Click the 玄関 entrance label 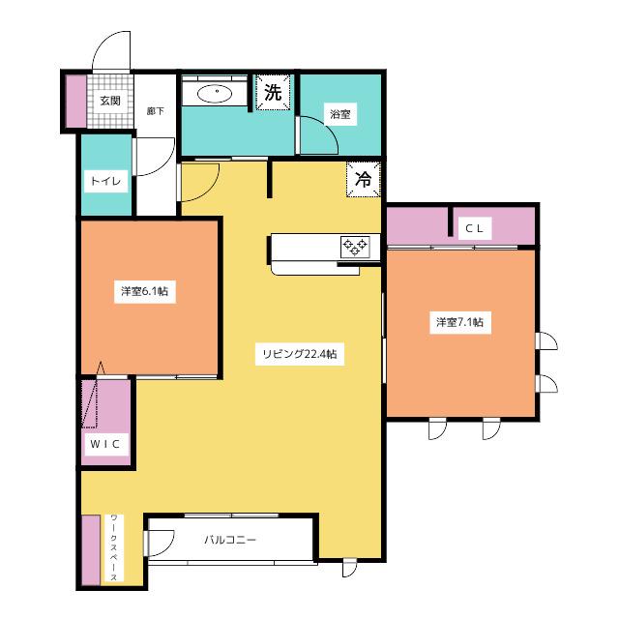click(x=110, y=101)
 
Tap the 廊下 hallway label click(x=155, y=111)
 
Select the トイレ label click(x=105, y=181)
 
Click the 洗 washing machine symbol click(x=273, y=92)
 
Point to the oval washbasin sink click(x=217, y=94)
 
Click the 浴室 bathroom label click(x=340, y=114)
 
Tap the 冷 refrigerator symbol click(x=364, y=179)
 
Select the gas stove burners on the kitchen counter click(x=355, y=248)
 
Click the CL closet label click(x=475, y=228)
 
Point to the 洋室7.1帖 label click(x=460, y=322)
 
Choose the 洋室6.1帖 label click(x=144, y=291)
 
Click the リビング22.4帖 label click(x=300, y=354)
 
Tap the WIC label click(x=105, y=444)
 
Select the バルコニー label click(x=230, y=540)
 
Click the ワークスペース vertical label click(x=114, y=547)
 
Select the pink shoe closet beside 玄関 click(x=75, y=102)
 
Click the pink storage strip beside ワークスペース click(x=91, y=550)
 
